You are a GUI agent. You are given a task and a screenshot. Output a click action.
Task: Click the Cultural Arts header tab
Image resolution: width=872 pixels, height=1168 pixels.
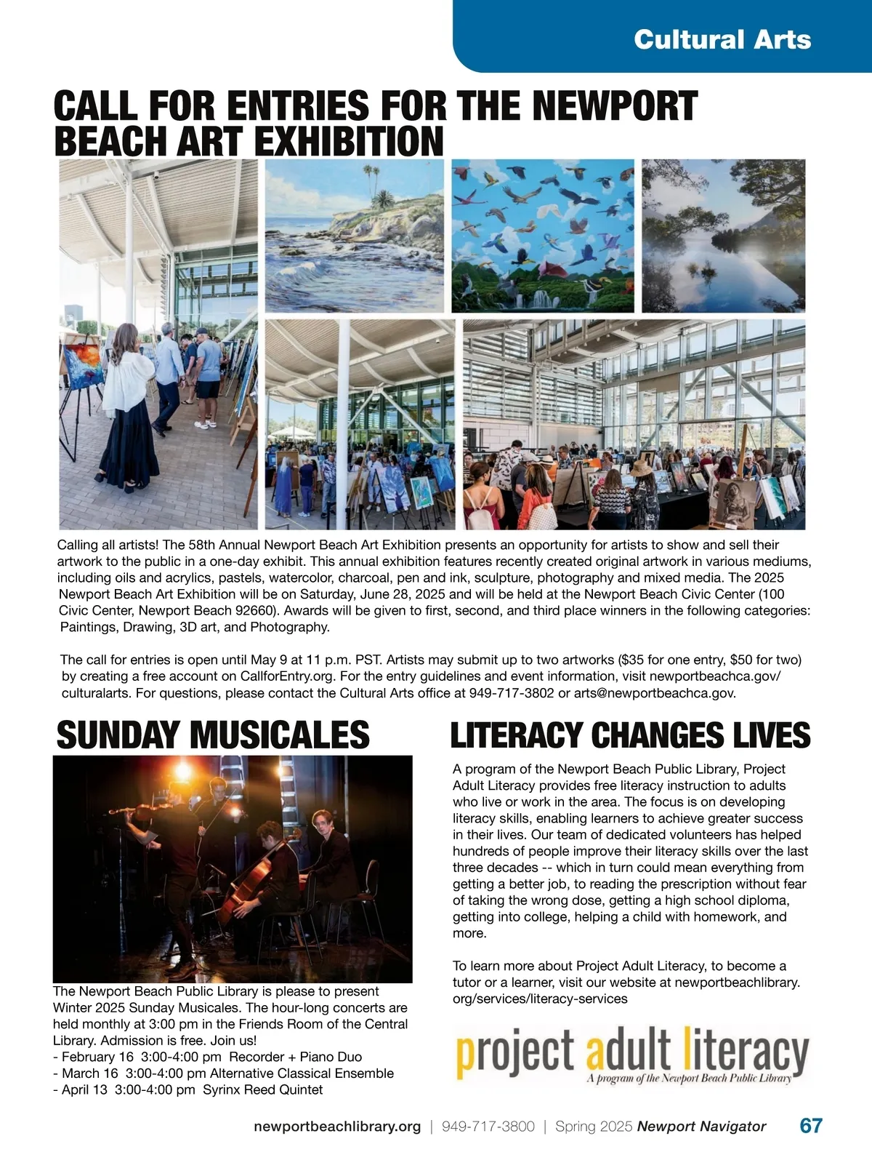[x=722, y=39]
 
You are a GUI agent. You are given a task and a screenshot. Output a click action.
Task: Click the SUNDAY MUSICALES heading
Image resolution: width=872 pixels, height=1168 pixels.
[x=213, y=735]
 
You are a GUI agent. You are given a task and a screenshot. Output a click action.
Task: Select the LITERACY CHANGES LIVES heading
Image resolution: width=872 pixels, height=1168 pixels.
[x=630, y=735]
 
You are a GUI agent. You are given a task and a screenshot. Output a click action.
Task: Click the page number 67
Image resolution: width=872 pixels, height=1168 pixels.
[x=811, y=1126]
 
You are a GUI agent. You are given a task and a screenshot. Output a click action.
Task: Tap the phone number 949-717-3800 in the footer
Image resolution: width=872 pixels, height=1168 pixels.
[x=488, y=1127]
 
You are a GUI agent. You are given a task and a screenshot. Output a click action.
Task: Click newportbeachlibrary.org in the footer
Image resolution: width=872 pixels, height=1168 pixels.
[x=337, y=1127]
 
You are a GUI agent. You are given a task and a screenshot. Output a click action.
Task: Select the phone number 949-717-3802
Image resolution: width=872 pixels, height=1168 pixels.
[x=512, y=693]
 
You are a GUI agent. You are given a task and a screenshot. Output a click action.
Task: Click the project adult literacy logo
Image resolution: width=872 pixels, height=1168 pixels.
[x=631, y=1054]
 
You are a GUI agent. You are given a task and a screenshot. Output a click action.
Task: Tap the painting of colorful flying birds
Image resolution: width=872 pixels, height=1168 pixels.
[x=543, y=236]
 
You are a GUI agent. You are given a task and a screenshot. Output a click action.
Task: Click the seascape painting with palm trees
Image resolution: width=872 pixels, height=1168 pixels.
[x=354, y=236]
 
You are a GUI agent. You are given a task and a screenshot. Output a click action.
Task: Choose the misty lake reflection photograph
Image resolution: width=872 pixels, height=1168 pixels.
[x=723, y=236]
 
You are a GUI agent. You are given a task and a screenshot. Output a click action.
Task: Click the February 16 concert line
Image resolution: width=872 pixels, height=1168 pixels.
[x=207, y=1057]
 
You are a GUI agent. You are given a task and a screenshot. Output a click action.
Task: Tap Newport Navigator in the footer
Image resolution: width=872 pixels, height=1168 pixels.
[x=701, y=1127]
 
